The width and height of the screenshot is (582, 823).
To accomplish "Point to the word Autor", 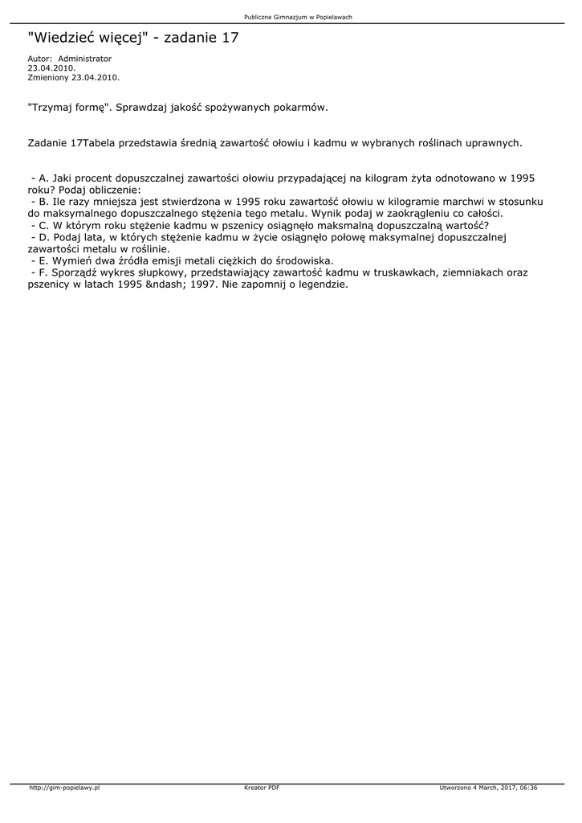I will (39, 59).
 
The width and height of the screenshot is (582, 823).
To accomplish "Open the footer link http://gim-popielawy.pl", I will (64, 788).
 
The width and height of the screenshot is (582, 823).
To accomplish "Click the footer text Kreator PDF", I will (262, 788).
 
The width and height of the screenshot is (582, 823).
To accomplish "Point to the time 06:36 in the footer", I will (528, 788).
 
